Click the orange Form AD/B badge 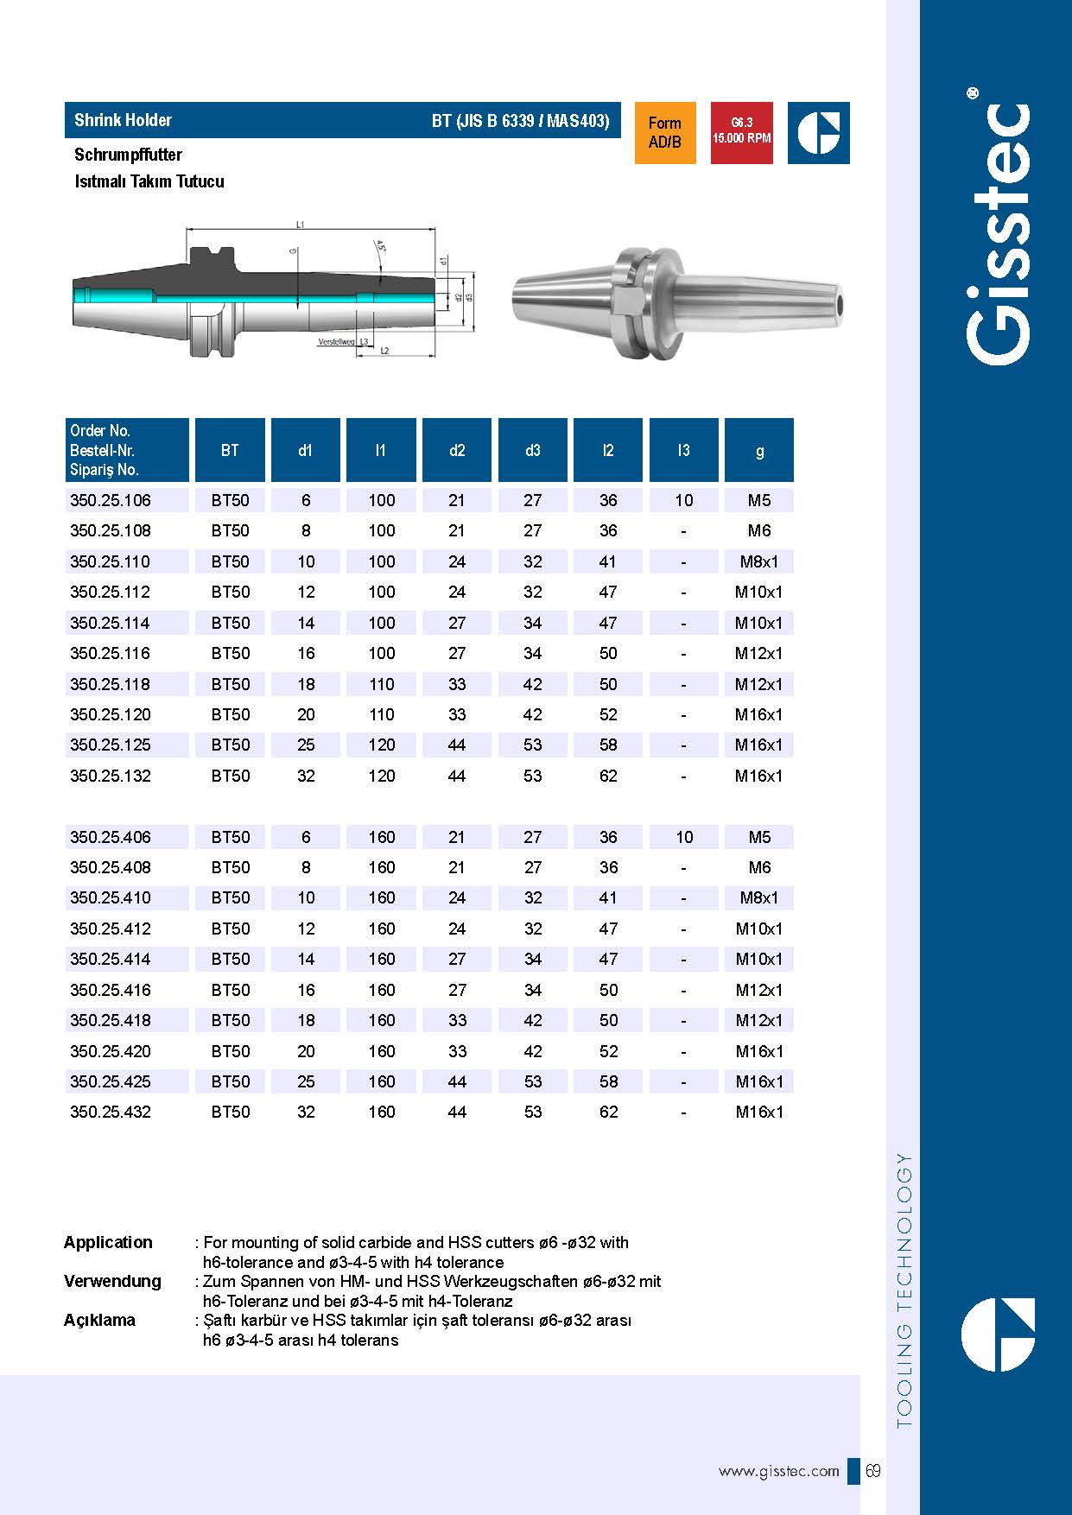[x=664, y=133]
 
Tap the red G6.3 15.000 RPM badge [x=741, y=132]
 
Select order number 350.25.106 [x=111, y=500]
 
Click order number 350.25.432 [x=111, y=1112]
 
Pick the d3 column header [x=532, y=450]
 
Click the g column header [x=759, y=450]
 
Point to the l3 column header [x=683, y=450]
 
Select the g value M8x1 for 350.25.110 [x=759, y=561]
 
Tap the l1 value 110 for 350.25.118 [x=381, y=684]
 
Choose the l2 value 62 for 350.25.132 [x=608, y=776]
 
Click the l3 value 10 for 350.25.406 [x=684, y=837]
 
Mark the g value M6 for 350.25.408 [x=759, y=867]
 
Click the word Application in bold [x=108, y=1242]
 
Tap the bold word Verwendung [x=112, y=1281]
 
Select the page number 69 [x=873, y=1470]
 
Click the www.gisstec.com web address [x=778, y=1471]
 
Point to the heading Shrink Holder [x=123, y=120]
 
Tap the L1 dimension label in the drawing [x=301, y=225]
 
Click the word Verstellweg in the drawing [x=336, y=342]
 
